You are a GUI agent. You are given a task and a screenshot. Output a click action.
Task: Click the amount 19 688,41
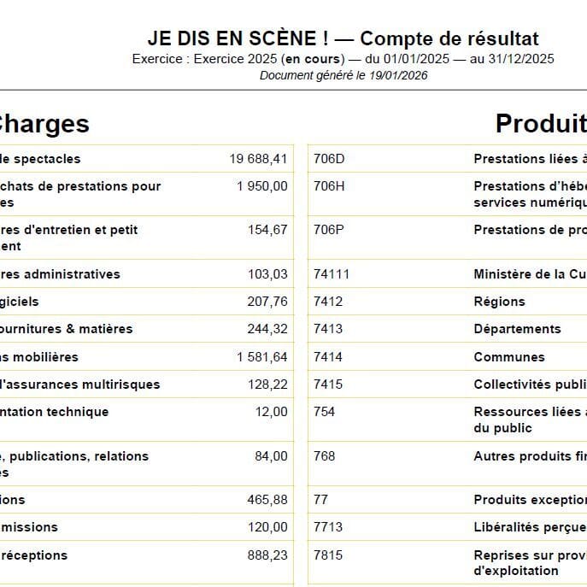tap(258, 159)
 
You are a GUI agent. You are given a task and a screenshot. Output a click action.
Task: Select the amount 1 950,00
tap(262, 186)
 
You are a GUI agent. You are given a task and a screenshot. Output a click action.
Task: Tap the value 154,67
tap(267, 230)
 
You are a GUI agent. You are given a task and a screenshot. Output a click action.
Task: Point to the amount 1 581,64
tap(262, 357)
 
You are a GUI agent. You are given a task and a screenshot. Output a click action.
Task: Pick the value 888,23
tap(267, 555)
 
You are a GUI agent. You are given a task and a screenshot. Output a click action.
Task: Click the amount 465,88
tap(267, 500)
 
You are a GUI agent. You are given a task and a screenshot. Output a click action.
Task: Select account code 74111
tap(332, 274)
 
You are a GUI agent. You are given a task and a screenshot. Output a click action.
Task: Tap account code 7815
tap(328, 555)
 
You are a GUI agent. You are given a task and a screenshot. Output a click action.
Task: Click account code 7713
tap(328, 527)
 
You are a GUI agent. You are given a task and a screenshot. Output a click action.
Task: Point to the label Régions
tap(499, 302)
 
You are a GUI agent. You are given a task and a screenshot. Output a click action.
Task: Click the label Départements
tap(517, 329)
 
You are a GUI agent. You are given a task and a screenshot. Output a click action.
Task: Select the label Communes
tap(508, 357)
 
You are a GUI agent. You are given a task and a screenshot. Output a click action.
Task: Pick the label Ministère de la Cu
tap(530, 274)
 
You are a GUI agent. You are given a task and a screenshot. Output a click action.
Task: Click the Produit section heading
tap(541, 124)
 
